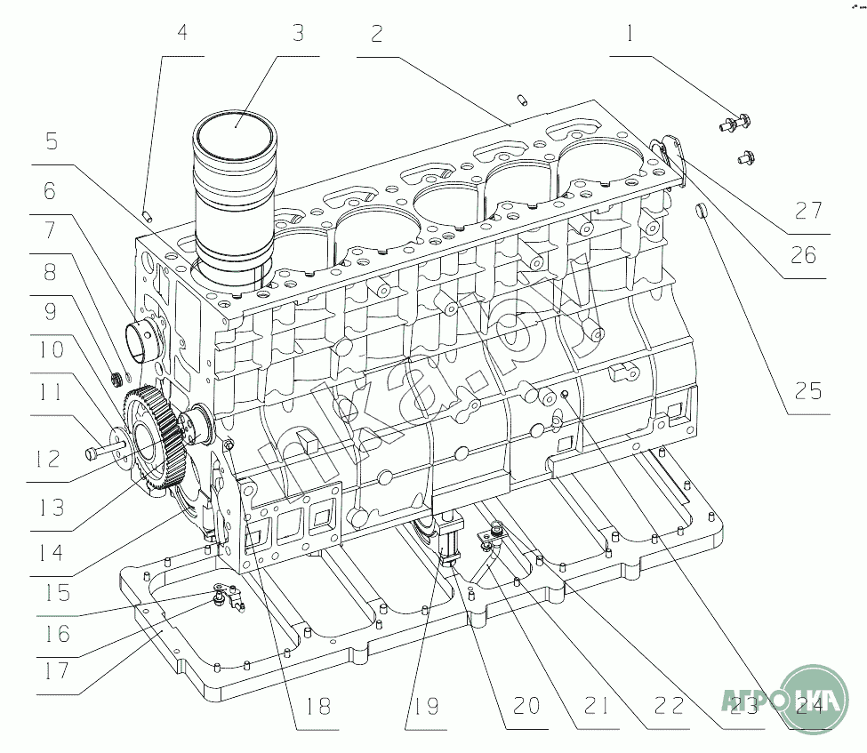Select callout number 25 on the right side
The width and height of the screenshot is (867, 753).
tap(808, 390)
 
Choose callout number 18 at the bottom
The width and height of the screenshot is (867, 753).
tap(317, 707)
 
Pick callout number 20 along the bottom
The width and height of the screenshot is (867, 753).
tap(526, 707)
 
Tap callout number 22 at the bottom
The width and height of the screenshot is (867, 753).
tap(668, 707)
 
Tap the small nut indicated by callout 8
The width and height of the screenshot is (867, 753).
tap(116, 381)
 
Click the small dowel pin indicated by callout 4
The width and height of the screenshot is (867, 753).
tap(149, 214)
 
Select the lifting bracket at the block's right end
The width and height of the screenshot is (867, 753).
tap(673, 156)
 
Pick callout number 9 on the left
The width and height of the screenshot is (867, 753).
tap(50, 310)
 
